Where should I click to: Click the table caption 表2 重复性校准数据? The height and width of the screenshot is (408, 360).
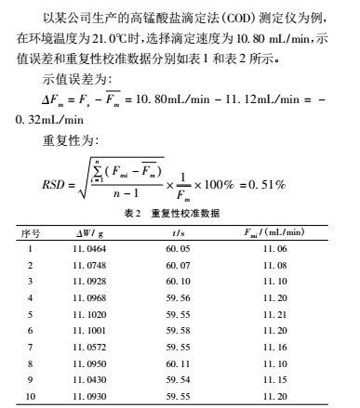coord(180,213)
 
